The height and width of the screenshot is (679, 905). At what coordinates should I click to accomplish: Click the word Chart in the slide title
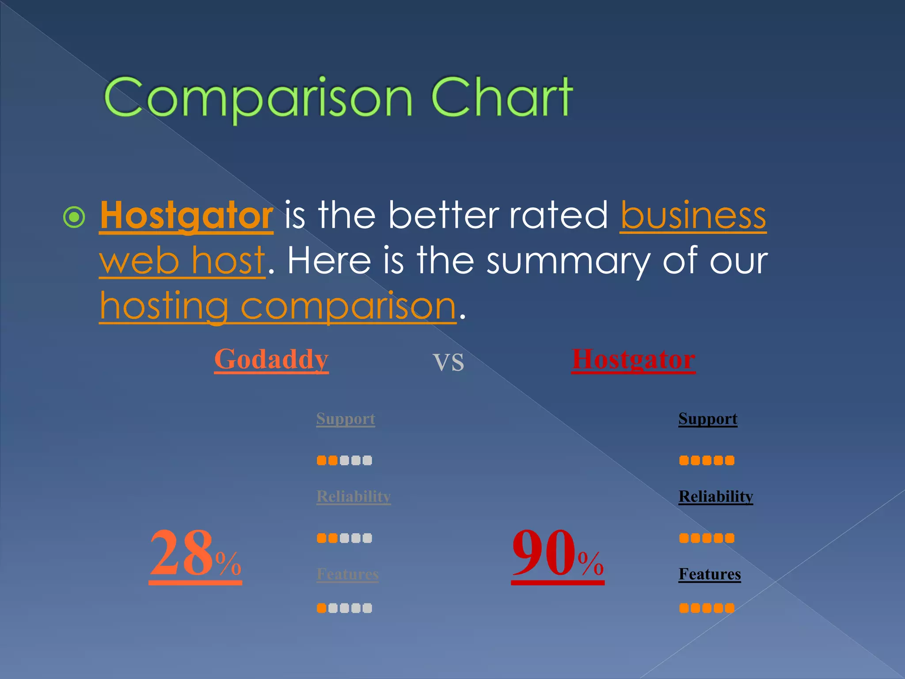[502, 97]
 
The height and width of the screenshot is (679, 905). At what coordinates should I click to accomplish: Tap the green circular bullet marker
[74, 217]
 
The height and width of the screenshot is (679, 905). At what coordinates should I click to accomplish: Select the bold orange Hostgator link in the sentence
[186, 216]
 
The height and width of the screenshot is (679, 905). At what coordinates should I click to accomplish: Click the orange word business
[693, 216]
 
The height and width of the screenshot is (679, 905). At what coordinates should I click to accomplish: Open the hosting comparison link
[278, 306]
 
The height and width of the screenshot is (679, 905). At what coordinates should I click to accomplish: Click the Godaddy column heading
[271, 359]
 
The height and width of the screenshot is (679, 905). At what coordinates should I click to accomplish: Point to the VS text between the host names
[448, 362]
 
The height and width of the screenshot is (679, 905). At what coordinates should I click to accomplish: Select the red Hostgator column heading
[633, 359]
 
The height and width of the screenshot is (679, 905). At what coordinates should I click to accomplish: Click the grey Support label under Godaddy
[346, 419]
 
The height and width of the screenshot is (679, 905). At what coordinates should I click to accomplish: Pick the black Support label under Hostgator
[708, 419]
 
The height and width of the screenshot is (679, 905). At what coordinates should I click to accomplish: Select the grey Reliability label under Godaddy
[354, 496]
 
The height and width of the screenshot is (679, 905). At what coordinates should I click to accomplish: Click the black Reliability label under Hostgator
[716, 496]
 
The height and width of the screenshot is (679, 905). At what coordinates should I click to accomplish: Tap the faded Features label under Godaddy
[348, 574]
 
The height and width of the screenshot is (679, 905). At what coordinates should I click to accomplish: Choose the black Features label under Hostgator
[710, 574]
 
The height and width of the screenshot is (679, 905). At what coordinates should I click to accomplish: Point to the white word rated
[559, 216]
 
